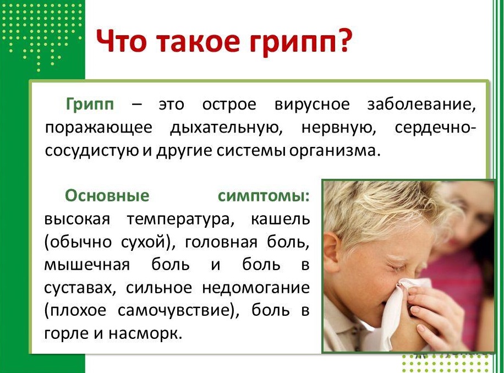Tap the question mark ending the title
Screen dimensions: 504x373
[341, 41]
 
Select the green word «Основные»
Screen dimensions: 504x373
[107, 196]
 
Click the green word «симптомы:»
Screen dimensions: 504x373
[264, 196]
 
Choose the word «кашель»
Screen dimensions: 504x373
[280, 220]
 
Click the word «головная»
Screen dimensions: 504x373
[221, 242]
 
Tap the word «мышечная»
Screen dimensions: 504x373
[87, 265]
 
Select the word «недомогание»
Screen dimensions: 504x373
[256, 288]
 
